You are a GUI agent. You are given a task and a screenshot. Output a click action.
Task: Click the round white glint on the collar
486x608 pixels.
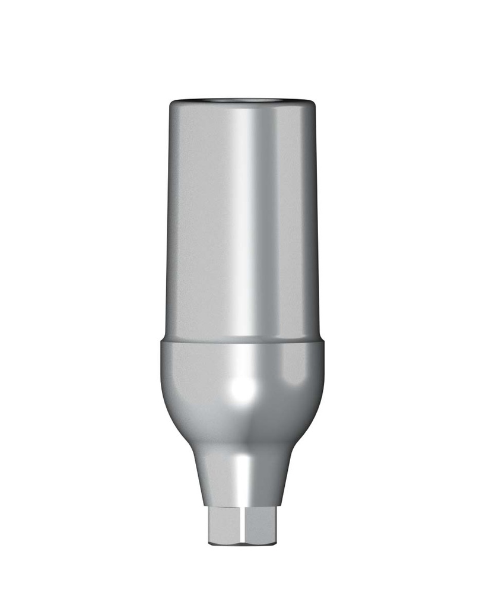tap(243, 390)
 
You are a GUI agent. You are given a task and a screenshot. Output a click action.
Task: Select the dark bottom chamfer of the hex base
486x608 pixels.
tap(244, 542)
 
